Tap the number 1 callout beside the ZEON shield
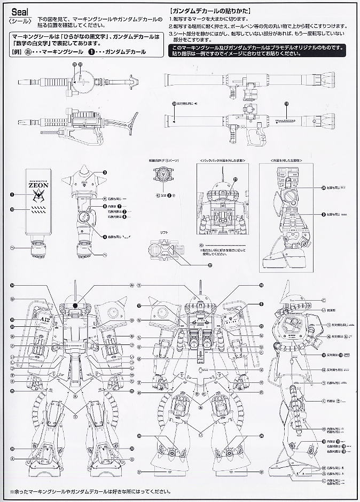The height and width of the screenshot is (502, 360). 10,195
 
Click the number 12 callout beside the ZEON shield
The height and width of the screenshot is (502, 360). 10,210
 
